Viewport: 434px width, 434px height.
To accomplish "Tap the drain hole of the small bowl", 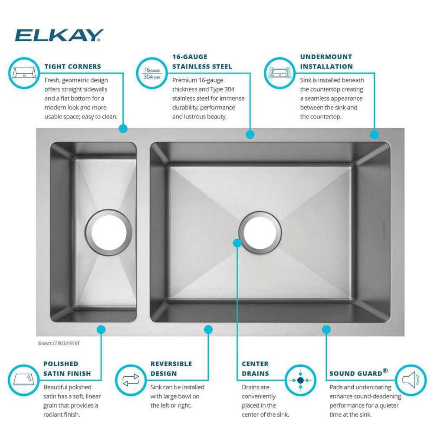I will click(105, 231).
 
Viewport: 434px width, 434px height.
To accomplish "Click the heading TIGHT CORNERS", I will click(72, 67).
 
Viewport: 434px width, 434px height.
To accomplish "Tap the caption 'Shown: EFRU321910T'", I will click(59, 343).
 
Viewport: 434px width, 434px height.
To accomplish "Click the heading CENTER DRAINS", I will click(255, 368).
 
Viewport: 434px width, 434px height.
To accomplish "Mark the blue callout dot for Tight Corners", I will click(123, 128).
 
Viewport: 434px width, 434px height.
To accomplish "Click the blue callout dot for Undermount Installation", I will click(374, 135).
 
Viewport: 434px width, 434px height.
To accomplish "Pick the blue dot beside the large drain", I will click(237, 243).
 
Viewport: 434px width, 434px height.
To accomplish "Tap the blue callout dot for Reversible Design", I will click(208, 329).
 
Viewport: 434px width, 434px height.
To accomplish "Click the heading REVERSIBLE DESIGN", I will click(171, 368).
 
